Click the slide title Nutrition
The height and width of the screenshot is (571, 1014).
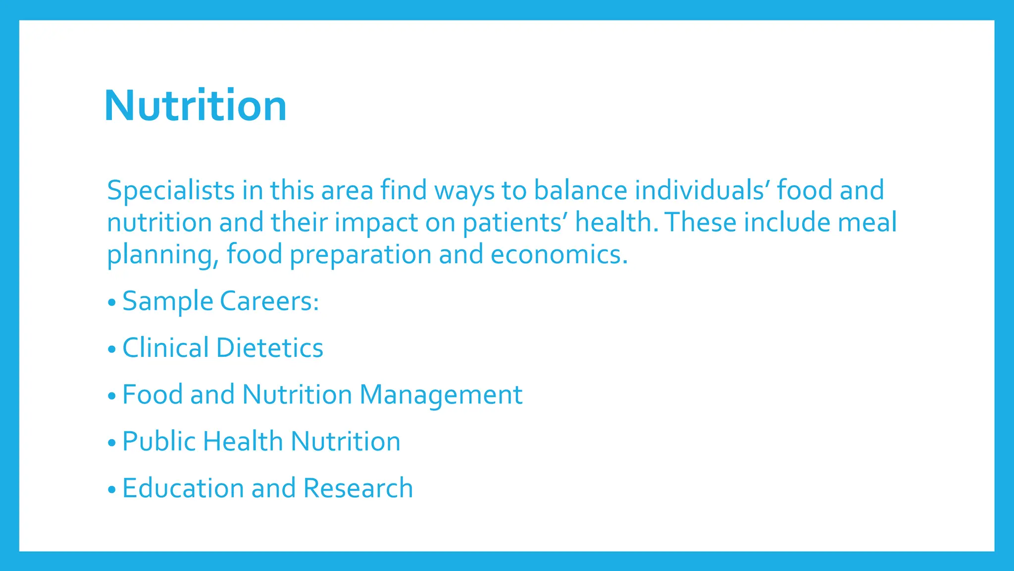[x=195, y=106]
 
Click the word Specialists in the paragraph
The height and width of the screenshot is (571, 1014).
[x=170, y=191]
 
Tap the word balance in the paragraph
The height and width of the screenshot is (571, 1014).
[x=580, y=191]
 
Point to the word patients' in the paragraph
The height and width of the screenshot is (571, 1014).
[x=514, y=223]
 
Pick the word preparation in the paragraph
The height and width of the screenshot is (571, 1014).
[x=360, y=255]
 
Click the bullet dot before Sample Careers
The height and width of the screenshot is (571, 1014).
[x=111, y=302]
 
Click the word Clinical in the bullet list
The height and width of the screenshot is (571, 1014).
[x=165, y=348]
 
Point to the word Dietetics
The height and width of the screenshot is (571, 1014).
[x=270, y=348]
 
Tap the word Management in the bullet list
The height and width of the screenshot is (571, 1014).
[x=441, y=396]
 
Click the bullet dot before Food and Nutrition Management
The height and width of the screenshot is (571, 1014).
[x=111, y=396]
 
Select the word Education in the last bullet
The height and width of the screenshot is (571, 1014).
[x=183, y=488]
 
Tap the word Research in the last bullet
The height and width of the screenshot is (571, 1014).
[x=357, y=488]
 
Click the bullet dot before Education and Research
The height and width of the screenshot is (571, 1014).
[x=111, y=490]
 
